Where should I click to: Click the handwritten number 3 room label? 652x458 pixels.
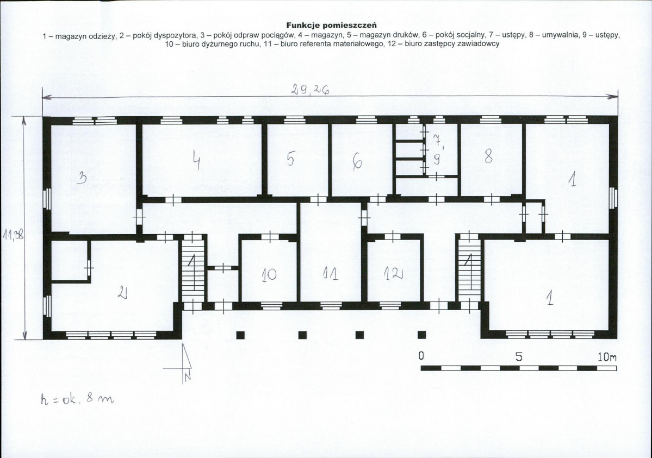pyautogui.click(x=82, y=179)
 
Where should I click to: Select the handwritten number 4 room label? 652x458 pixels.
pyautogui.click(x=197, y=160)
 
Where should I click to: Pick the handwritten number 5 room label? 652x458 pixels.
pyautogui.click(x=291, y=159)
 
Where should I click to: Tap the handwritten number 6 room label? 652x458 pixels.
pyautogui.click(x=357, y=162)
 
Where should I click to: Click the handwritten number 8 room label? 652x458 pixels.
pyautogui.click(x=488, y=156)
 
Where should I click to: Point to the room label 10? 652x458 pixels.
pyautogui.click(x=269, y=274)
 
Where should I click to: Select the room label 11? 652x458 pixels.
pyautogui.click(x=331, y=273)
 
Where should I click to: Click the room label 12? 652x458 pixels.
pyautogui.click(x=394, y=273)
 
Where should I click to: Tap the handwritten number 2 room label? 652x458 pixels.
pyautogui.click(x=122, y=294)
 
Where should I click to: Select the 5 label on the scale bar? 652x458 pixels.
pyautogui.click(x=519, y=357)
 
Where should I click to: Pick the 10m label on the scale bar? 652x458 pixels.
pyautogui.click(x=607, y=357)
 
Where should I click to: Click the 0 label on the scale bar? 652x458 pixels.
pyautogui.click(x=421, y=356)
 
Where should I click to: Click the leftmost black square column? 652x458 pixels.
pyautogui.click(x=240, y=335)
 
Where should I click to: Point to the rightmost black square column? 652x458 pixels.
pyautogui.click(x=422, y=335)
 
